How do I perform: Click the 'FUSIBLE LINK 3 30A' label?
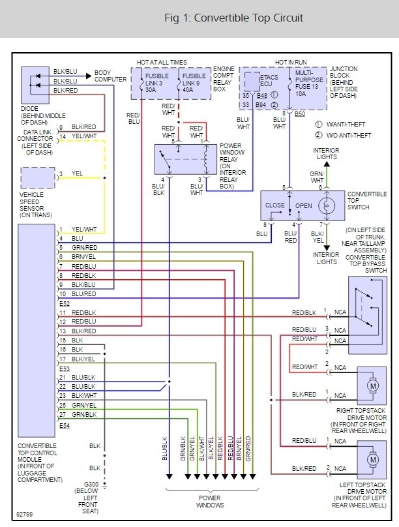[158, 83]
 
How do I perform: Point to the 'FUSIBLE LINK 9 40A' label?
[193, 83]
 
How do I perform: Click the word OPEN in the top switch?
[304, 205]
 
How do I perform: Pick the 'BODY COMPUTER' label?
[111, 76]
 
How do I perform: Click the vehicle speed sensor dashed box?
[37, 177]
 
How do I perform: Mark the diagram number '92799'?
[25, 513]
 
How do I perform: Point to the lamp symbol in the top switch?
[329, 205]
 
